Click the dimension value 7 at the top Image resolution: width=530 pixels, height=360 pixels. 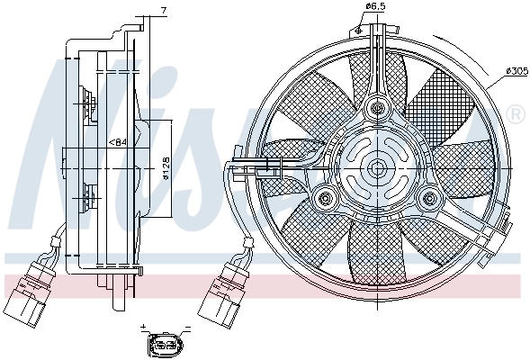(x=164, y=10)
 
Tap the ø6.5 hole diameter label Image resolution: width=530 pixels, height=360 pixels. (x=374, y=8)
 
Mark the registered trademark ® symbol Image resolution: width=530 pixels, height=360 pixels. (x=515, y=115)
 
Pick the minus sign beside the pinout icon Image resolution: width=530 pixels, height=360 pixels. (x=187, y=328)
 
